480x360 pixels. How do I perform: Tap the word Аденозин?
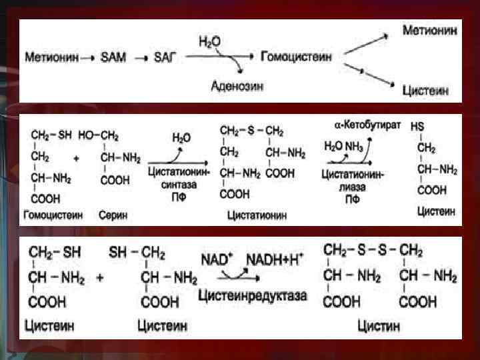click(x=238, y=85)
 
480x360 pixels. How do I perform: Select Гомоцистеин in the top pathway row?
click(x=297, y=57)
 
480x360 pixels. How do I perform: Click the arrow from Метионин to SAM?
click(x=87, y=58)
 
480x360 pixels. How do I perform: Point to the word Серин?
click(x=114, y=215)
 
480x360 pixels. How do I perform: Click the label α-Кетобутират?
click(x=367, y=125)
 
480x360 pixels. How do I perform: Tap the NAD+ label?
click(x=217, y=258)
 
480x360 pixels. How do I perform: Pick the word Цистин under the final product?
click(x=379, y=326)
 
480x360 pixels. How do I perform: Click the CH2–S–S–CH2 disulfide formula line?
click(x=373, y=251)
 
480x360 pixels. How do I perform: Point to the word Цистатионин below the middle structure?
click(x=257, y=215)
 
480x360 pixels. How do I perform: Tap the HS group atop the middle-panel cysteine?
click(x=417, y=126)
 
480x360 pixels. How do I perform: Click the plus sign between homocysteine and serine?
click(x=75, y=159)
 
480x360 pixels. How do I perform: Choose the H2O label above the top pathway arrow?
click(x=209, y=41)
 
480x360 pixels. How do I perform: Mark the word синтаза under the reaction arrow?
click(x=179, y=185)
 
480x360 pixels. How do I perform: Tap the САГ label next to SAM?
click(x=164, y=58)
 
